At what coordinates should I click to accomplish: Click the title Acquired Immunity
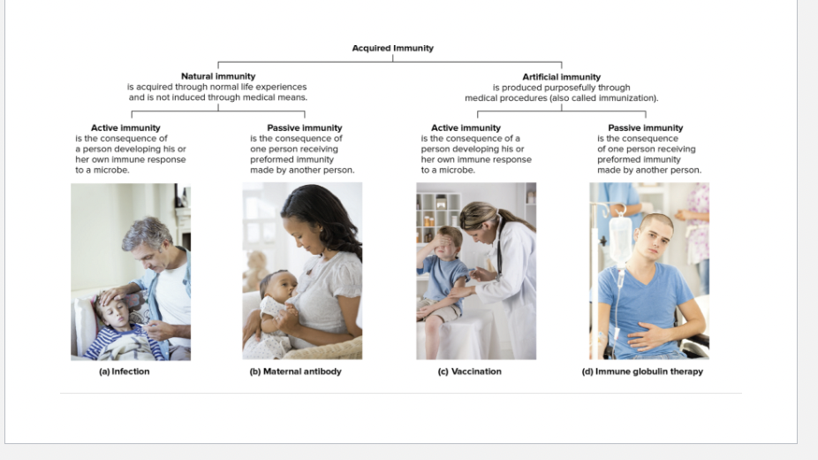392,48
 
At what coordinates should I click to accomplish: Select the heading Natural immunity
217,77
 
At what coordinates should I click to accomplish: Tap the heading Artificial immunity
561,77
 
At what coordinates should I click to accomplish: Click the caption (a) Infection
124,372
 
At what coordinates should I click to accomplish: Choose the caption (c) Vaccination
469,372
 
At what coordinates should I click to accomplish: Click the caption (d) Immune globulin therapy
642,372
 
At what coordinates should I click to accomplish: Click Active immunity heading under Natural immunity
125,128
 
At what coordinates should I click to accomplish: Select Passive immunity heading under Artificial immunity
645,128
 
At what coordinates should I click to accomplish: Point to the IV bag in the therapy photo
620,237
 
